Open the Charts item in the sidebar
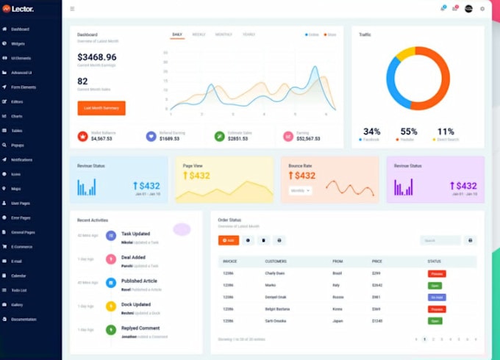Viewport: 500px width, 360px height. click(x=16, y=116)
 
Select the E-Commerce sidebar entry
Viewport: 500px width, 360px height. click(x=21, y=246)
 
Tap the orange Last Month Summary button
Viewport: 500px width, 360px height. click(x=101, y=108)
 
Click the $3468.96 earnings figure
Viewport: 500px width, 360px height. click(x=97, y=57)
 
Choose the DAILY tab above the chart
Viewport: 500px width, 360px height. click(x=177, y=35)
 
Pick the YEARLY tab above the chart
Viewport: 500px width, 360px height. click(x=249, y=35)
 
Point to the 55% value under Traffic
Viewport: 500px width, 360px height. click(x=409, y=132)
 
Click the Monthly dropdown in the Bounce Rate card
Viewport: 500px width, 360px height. click(x=301, y=190)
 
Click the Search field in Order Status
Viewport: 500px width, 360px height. click(x=440, y=240)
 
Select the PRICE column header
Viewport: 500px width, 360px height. click(x=377, y=262)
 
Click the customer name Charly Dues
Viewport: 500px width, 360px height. click(x=275, y=273)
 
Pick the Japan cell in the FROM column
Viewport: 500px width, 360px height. click(x=338, y=320)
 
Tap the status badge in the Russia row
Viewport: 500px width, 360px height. click(x=437, y=297)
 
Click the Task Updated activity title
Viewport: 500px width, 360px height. click(x=136, y=234)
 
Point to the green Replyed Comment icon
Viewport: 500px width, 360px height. click(x=110, y=330)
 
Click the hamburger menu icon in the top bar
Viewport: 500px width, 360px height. click(x=72, y=9)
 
